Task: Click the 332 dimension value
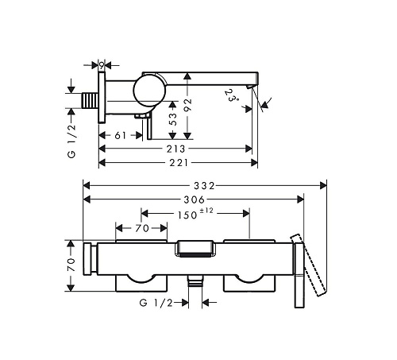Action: pyautogui.click(x=204, y=186)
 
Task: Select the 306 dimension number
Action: pyautogui.click(x=195, y=199)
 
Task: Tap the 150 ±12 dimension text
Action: pyautogui.click(x=195, y=214)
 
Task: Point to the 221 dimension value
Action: pyautogui.click(x=179, y=163)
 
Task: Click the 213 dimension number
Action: pyautogui.click(x=175, y=149)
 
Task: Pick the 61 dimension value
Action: pyautogui.click(x=121, y=135)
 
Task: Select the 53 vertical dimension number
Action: pyautogui.click(x=172, y=119)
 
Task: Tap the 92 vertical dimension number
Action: pyautogui.click(x=187, y=105)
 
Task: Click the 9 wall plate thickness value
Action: pyautogui.click(x=102, y=65)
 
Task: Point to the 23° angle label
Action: pyautogui.click(x=230, y=95)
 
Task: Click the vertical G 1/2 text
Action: pyautogui.click(x=71, y=141)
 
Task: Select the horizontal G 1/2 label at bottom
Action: pyautogui.click(x=156, y=302)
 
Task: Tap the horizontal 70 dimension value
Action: pyautogui.click(x=142, y=228)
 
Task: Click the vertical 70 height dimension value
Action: pyautogui.click(x=71, y=265)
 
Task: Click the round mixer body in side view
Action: pyautogui.click(x=150, y=91)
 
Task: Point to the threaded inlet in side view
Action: pyautogui.click(x=90, y=100)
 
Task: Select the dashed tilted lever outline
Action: pyautogui.click(x=308, y=265)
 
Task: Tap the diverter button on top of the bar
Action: pyautogui.click(x=195, y=249)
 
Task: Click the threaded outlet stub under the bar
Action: pyautogui.click(x=195, y=281)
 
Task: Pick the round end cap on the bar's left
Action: pyautogui.click(x=90, y=259)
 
